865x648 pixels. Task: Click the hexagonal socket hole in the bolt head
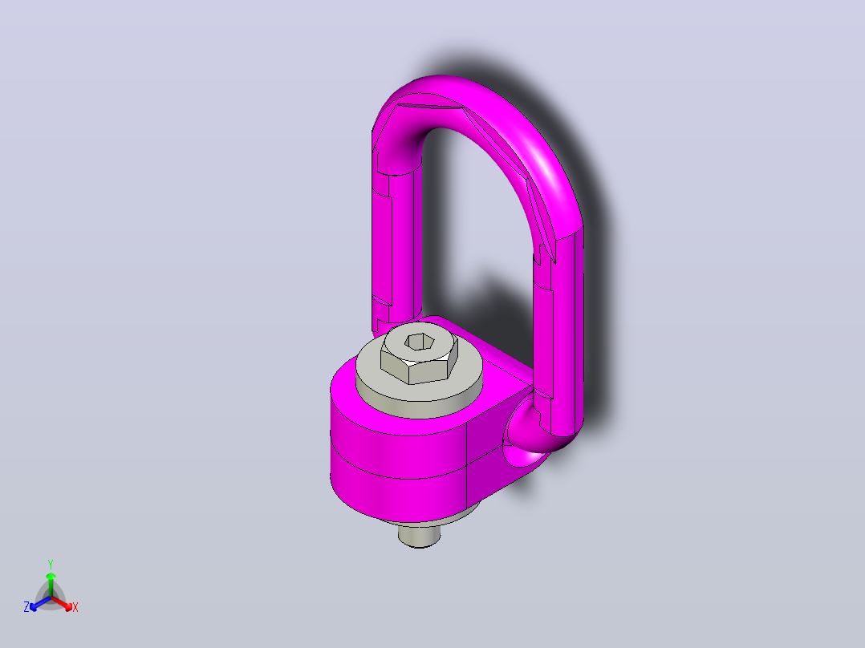point(419,342)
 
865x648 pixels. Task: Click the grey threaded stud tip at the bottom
point(419,537)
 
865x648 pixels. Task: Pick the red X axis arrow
point(62,603)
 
